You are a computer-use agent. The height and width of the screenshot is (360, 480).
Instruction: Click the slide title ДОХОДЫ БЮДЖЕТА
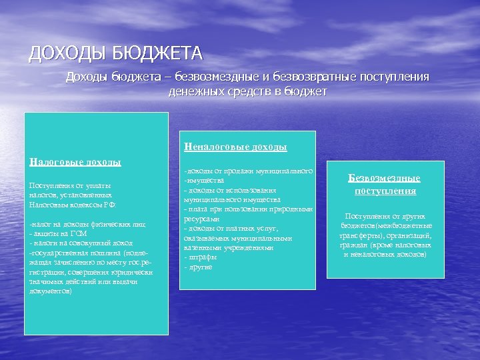(x=115, y=53)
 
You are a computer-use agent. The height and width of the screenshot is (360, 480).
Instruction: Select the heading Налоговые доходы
(x=75, y=161)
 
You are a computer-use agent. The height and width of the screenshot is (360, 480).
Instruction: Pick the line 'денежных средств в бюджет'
(x=247, y=91)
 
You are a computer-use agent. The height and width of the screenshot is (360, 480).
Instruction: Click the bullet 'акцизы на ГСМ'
(x=59, y=234)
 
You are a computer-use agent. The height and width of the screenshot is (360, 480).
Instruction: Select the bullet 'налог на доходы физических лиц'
(x=87, y=225)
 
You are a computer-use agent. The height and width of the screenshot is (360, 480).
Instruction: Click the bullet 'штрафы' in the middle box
(x=200, y=257)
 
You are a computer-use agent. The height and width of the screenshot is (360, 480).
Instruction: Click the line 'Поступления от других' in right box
(x=385, y=216)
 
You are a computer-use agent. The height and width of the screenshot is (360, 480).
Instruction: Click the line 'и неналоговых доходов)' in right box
(x=385, y=254)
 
